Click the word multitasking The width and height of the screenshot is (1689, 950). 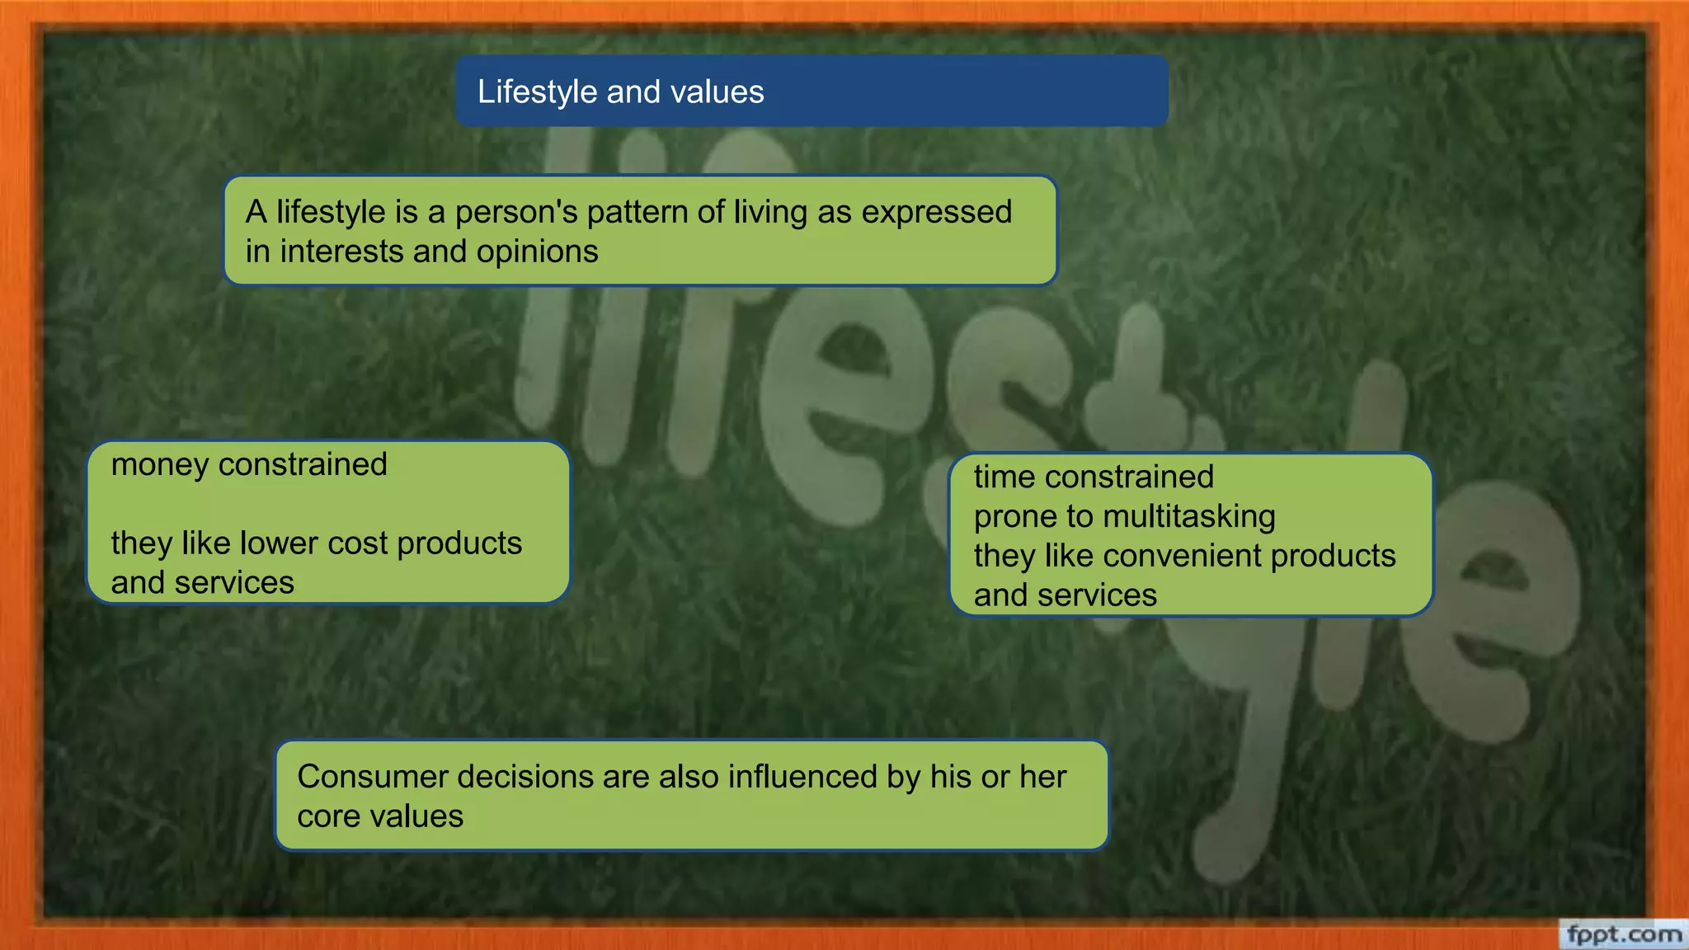(x=1188, y=516)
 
